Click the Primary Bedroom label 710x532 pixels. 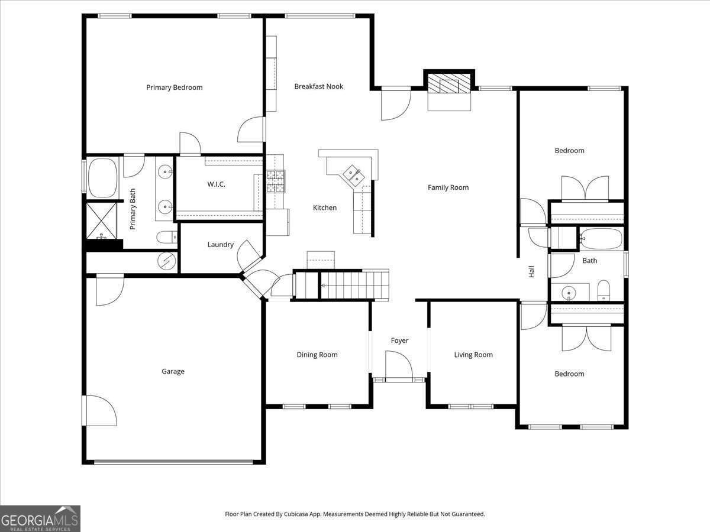[175, 87]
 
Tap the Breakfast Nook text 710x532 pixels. [319, 86]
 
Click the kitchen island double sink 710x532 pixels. [354, 173]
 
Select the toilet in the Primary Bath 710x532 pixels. [166, 237]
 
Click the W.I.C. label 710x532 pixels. [216, 184]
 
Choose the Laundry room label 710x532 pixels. [220, 245]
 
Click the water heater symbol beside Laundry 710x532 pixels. [167, 259]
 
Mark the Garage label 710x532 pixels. [173, 372]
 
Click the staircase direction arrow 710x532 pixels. [324, 286]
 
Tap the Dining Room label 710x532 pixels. [317, 355]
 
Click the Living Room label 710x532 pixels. [473, 355]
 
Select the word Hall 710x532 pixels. [531, 271]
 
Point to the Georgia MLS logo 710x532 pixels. [40, 518]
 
